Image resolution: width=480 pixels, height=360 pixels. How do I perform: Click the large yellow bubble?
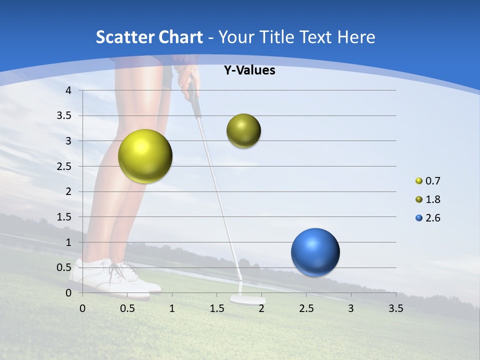pyautogui.click(x=145, y=156)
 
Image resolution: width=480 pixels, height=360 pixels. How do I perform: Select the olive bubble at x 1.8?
pyautogui.click(x=243, y=131)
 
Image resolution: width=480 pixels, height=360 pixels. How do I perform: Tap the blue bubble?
pyautogui.click(x=315, y=252)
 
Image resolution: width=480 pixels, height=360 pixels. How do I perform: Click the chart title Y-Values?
pyautogui.click(x=249, y=70)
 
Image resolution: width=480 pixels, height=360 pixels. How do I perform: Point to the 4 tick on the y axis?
pyautogui.click(x=68, y=90)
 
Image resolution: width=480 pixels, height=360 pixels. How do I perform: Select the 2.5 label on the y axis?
pyautogui.click(x=65, y=166)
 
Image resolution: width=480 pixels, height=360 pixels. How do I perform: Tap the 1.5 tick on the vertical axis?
pyautogui.click(x=65, y=217)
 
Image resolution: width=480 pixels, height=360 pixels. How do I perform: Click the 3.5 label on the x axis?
pyautogui.click(x=395, y=308)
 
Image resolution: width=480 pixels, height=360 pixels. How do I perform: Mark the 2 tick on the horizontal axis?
pyautogui.click(x=261, y=308)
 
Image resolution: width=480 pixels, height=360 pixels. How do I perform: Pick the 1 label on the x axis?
pyautogui.click(x=172, y=308)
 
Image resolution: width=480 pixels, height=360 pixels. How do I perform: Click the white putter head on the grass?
pyautogui.click(x=247, y=299)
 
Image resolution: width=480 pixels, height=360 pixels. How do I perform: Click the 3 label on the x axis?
pyautogui.click(x=351, y=308)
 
